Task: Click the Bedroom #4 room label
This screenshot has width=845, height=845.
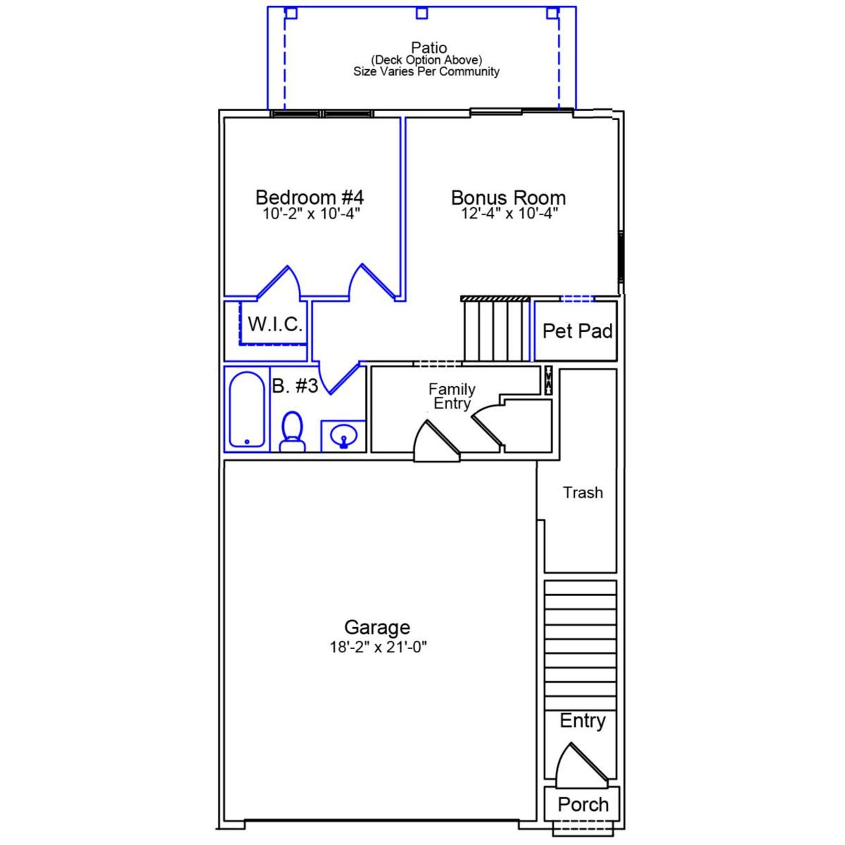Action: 309,197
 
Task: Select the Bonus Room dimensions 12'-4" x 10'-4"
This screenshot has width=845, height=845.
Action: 509,214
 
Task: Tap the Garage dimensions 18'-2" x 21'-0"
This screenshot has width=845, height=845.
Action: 378,648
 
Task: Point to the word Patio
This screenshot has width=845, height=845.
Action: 428,48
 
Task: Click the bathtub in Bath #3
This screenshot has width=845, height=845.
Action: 247,409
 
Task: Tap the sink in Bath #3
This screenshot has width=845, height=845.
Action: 343,436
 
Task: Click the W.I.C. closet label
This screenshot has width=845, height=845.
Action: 275,324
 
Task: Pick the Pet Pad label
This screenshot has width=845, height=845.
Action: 577,331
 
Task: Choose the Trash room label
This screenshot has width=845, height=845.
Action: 582,492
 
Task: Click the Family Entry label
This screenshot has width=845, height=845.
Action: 452,396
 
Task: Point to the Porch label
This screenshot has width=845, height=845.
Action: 582,804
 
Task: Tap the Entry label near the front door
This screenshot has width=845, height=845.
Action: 582,720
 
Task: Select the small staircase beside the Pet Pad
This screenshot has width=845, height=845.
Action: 496,329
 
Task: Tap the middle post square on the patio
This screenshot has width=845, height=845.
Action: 422,13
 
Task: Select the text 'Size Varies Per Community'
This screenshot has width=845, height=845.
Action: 426,71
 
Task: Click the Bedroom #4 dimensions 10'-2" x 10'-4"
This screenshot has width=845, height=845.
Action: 311,214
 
